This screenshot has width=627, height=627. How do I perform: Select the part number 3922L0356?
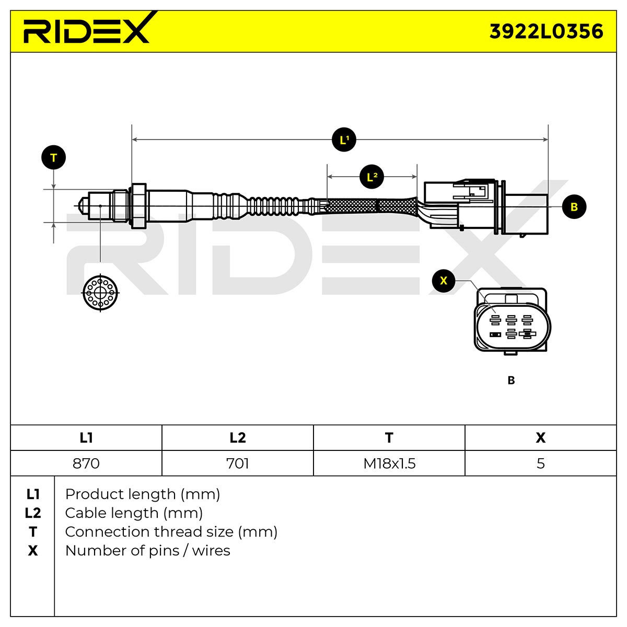[546, 31]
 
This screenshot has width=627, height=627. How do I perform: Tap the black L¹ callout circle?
[344, 140]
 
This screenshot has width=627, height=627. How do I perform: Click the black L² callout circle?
[372, 177]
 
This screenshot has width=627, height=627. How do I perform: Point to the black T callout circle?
[54, 157]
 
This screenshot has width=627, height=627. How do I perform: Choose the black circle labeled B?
[574, 206]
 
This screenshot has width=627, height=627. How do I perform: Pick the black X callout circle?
[444, 281]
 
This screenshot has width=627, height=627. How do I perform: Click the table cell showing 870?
[86, 463]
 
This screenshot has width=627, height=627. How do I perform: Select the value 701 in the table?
[238, 463]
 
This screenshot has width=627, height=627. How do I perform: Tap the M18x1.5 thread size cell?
[389, 463]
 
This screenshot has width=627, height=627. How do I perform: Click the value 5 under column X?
[540, 463]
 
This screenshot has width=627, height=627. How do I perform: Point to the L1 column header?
[86, 438]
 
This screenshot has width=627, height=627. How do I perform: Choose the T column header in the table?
[389, 438]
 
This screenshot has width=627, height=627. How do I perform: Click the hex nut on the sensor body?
[138, 206]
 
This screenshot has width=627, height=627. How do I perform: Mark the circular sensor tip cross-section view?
[100, 293]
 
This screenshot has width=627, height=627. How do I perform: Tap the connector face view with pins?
[512, 321]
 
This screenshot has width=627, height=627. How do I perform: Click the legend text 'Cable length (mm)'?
[134, 513]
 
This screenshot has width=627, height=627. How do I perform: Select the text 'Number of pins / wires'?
[147, 551]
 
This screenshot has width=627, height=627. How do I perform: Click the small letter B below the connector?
[511, 380]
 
